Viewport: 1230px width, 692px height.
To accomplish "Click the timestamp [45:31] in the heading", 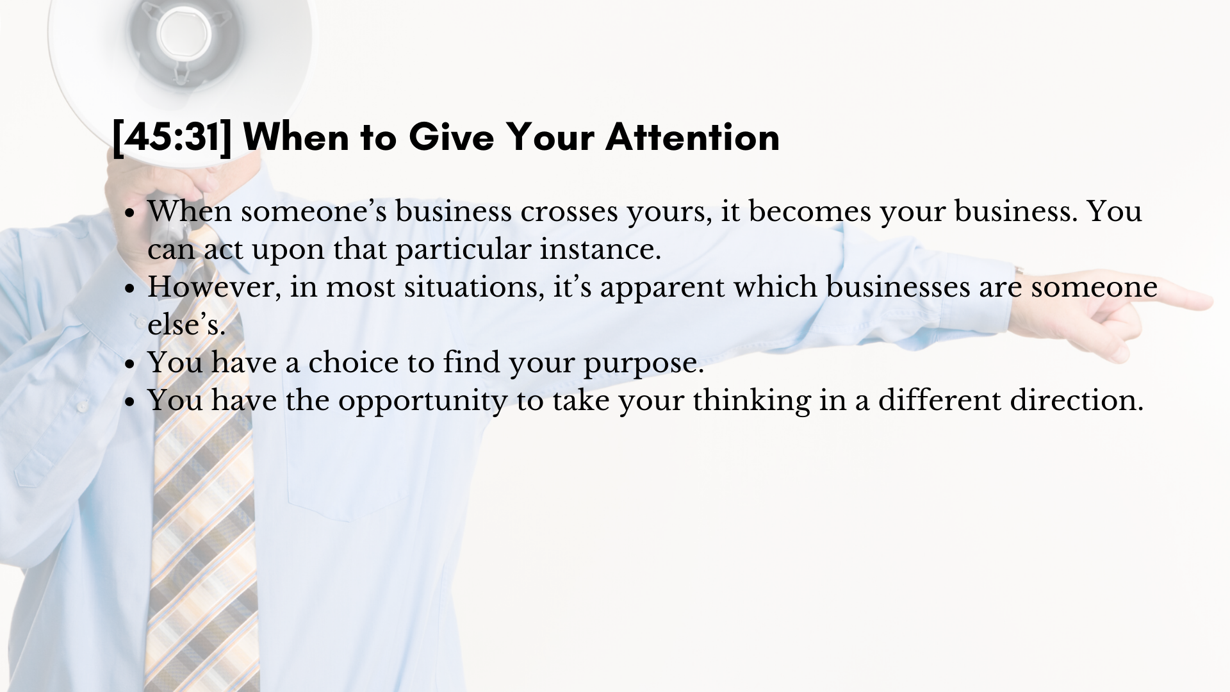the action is point(172,137).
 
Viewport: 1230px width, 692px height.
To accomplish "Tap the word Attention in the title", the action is point(693,136).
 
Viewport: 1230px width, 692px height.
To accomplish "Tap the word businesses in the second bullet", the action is point(898,286).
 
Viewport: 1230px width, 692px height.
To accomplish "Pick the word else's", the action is point(186,324).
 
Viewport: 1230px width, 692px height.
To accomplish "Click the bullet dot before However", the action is point(130,288).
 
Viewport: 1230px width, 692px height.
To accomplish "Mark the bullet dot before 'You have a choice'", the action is point(130,364).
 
